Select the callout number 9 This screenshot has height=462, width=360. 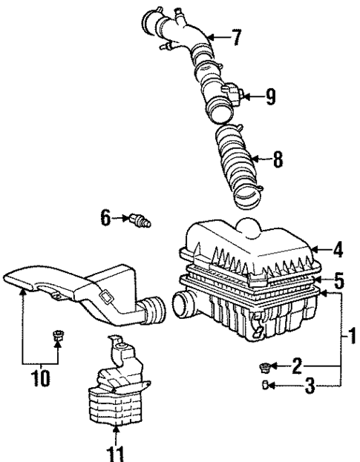tap(270, 95)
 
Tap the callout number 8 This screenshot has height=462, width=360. tap(278, 158)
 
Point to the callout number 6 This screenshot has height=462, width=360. tap(105, 217)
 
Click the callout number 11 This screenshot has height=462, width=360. tap(116, 452)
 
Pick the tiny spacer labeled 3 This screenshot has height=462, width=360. tap(264, 384)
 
